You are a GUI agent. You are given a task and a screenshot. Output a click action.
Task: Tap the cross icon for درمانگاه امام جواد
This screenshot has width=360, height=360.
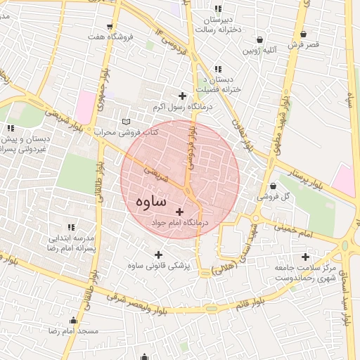179,211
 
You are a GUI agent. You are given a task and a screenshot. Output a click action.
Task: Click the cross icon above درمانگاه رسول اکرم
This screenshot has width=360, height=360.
183,96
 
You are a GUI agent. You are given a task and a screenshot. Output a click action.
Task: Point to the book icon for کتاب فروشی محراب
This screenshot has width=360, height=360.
126,122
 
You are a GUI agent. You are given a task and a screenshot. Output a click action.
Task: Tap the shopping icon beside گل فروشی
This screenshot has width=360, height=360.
273,186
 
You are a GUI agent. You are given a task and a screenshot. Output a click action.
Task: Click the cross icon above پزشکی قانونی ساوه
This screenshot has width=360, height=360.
157,255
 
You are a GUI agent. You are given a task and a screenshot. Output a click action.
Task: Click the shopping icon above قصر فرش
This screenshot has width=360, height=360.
303,34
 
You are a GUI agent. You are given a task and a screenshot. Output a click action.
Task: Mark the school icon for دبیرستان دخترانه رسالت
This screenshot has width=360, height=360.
219,8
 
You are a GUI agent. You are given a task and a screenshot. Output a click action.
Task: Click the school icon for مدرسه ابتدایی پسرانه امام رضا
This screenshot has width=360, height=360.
70,227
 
